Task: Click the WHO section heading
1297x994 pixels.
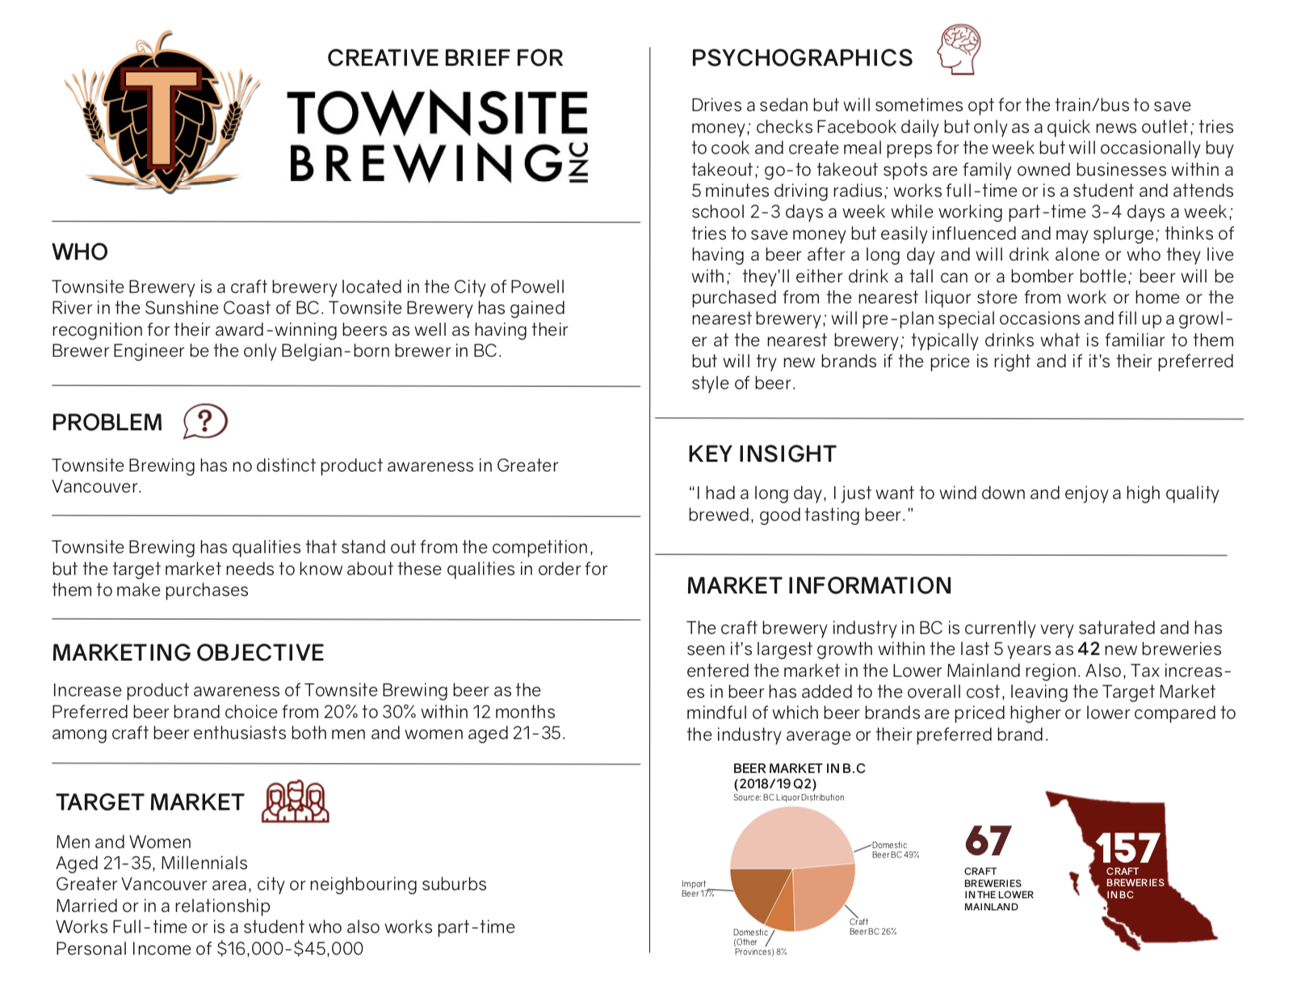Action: (80, 252)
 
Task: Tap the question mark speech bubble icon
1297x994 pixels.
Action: (204, 421)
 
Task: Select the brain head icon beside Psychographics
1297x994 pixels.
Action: (959, 50)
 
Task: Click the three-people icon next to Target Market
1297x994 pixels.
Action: (296, 802)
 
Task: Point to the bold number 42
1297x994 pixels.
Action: (1088, 649)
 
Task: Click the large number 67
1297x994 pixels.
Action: (987, 841)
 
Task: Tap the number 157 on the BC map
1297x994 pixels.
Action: (1127, 849)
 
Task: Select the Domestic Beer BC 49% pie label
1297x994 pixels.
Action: (895, 849)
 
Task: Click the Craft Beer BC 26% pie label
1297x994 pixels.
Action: (872, 926)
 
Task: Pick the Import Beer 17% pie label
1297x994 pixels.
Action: (695, 889)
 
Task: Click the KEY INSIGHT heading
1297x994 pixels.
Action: (762, 454)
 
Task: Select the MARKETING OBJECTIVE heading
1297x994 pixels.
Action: (188, 653)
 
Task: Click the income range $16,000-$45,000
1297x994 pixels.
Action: (290, 949)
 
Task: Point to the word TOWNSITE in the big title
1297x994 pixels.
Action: (437, 113)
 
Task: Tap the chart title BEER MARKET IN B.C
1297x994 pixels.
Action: (799, 769)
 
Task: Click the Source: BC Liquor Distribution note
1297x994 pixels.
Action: (788, 798)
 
